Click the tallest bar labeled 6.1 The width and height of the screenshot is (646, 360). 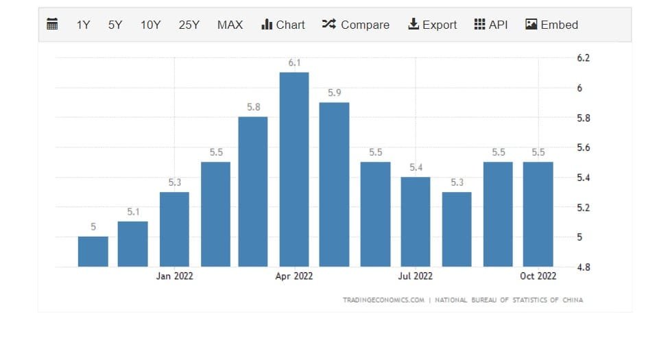click(294, 169)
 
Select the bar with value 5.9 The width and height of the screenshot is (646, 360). click(335, 184)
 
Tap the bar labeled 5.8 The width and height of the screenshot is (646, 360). click(253, 191)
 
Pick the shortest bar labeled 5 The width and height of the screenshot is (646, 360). click(93, 251)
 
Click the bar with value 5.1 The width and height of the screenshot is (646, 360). click(133, 243)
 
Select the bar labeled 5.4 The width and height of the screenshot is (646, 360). click(416, 221)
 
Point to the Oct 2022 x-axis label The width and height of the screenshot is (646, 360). click(538, 276)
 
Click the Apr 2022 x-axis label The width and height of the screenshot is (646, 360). click(294, 276)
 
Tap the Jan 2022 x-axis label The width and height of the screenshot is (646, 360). click(175, 276)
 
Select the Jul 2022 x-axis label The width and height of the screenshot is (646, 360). click(416, 276)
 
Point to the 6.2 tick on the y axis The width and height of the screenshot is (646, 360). click(583, 58)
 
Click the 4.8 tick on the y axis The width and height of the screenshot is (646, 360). click(583, 267)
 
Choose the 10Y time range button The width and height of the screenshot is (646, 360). click(150, 25)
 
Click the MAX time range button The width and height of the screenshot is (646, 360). click(230, 25)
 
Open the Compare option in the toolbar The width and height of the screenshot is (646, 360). click(355, 25)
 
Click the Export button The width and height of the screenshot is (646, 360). click(432, 25)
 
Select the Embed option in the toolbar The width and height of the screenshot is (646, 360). click(551, 25)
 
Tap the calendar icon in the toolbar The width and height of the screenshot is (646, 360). click(52, 25)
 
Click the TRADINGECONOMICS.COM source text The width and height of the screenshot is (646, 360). click(383, 300)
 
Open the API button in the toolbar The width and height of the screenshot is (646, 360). click(491, 25)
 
